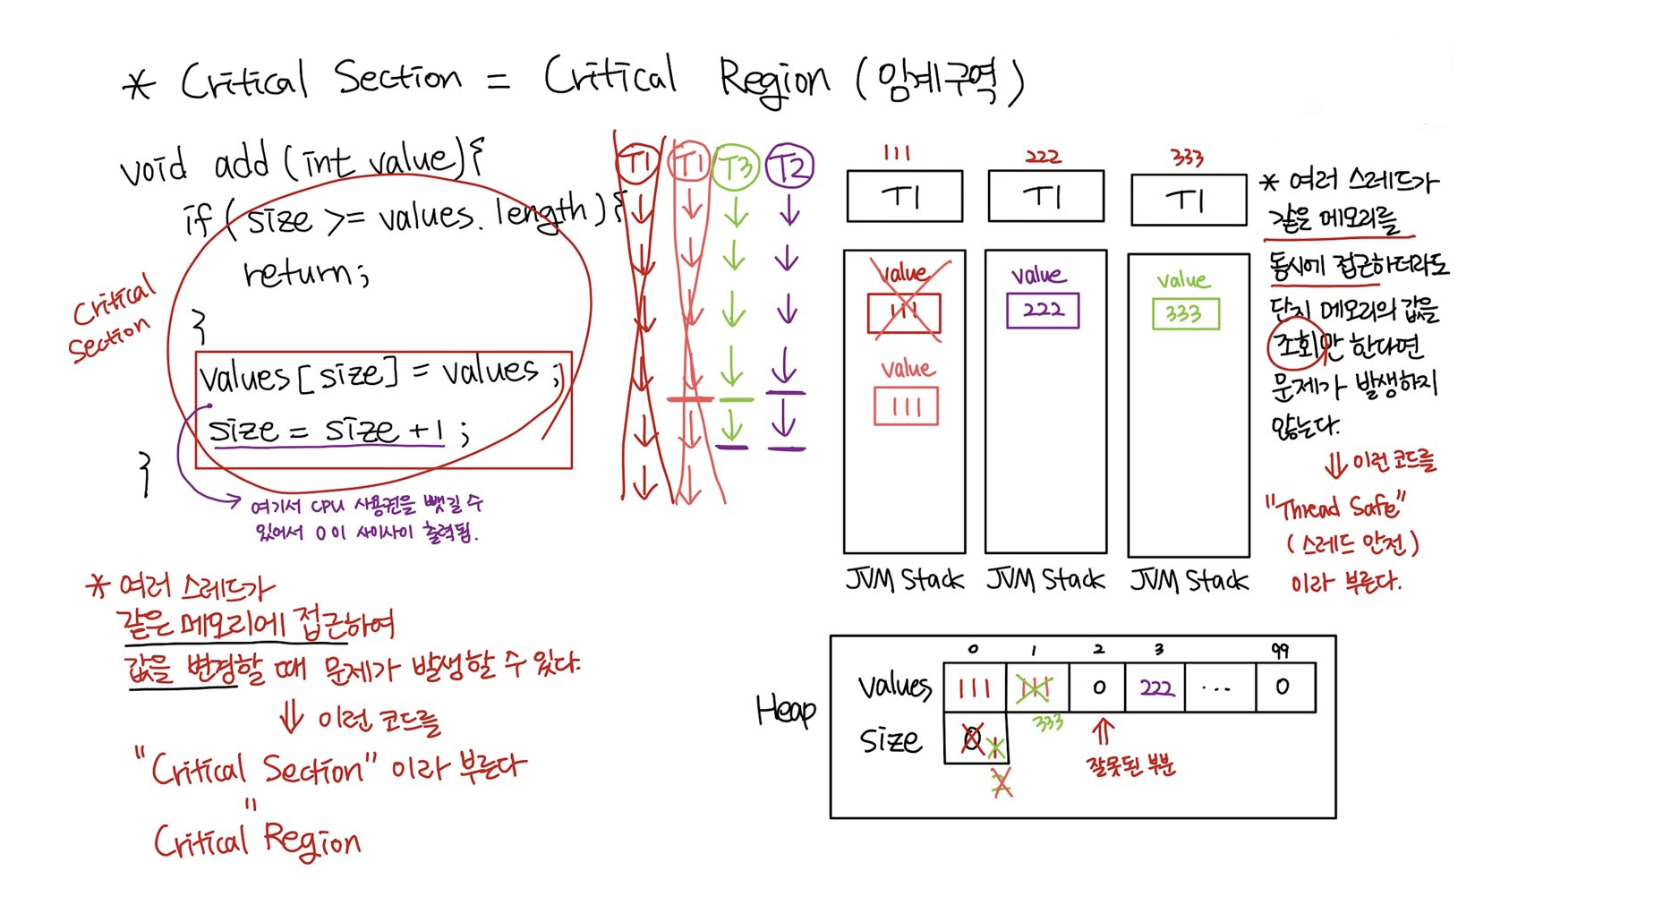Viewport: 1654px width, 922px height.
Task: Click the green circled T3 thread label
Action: pos(736,166)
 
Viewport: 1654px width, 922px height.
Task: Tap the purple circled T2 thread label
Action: pos(789,166)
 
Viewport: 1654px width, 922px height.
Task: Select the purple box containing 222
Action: pos(1043,311)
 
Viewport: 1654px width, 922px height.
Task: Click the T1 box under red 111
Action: pos(904,196)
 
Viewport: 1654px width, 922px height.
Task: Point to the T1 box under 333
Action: pos(1189,200)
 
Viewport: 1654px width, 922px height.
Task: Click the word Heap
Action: pos(785,710)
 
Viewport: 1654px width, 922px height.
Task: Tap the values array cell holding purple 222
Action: pos(1155,687)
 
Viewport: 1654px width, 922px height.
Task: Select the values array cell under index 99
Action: pos(1284,687)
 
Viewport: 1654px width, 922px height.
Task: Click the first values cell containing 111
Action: pos(975,687)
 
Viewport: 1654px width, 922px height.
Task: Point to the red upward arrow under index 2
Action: pos(1103,730)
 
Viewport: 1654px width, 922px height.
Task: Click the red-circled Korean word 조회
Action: pos(1295,345)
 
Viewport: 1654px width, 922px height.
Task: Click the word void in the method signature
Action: pos(154,166)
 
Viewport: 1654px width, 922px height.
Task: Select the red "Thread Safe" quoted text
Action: pos(1334,507)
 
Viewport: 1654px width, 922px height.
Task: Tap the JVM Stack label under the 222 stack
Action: pos(1045,580)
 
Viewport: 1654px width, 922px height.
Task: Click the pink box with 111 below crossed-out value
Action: pos(906,406)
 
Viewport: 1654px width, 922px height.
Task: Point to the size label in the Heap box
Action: pos(890,740)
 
